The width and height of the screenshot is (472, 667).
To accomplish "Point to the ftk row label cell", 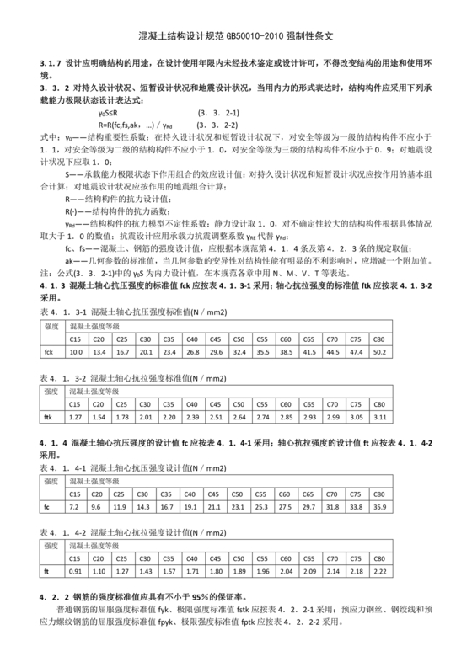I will click(48, 416).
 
